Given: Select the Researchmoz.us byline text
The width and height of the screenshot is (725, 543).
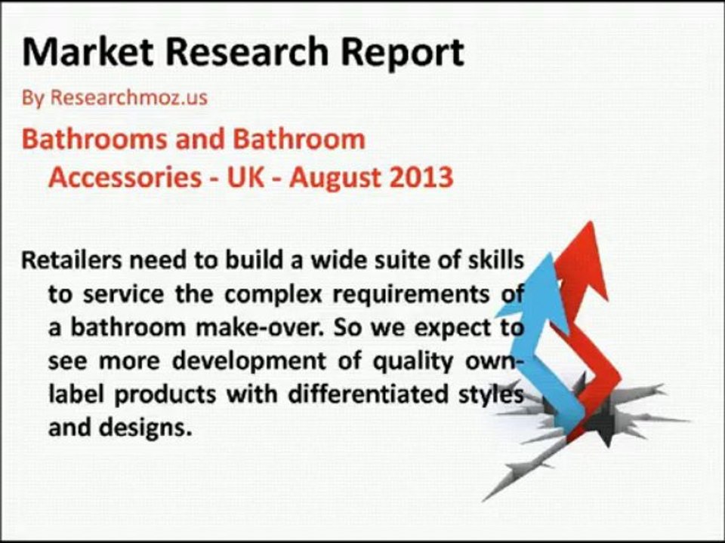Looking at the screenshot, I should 128,97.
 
